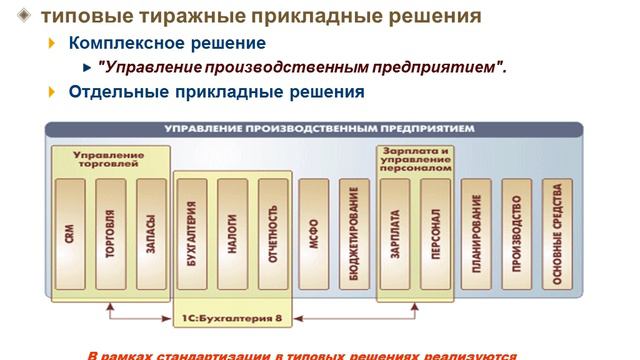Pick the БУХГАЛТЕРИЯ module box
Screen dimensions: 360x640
192,236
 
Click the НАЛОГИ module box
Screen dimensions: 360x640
232,236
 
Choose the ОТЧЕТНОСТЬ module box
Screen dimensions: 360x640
272,236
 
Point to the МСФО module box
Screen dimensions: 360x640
314,236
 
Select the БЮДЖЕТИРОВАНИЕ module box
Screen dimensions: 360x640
354,236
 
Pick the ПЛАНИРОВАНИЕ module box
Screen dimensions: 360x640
477,236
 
